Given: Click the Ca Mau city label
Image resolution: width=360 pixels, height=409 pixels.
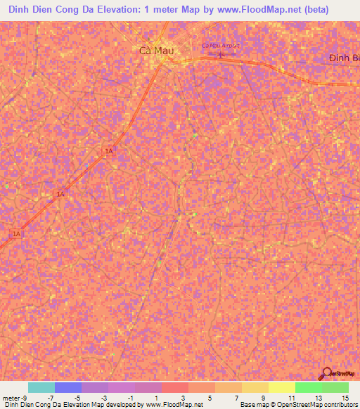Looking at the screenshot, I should pyautogui.click(x=155, y=50).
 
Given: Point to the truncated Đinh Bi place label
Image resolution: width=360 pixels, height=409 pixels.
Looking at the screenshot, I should pyautogui.click(x=344, y=58).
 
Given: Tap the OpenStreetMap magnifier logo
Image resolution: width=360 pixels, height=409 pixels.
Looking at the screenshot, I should pyautogui.click(x=327, y=374).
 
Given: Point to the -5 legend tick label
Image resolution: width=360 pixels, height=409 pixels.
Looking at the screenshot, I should pyautogui.click(x=77, y=397).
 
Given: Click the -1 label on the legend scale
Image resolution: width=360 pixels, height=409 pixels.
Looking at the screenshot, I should pyautogui.click(x=131, y=397).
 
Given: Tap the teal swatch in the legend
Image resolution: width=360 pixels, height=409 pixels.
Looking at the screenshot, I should pyautogui.click(x=41, y=387).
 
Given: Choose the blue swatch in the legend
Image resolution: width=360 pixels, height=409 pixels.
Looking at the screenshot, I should pyautogui.click(x=68, y=387).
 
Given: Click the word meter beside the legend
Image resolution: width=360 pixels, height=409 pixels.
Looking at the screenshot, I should pyautogui.click(x=10, y=397).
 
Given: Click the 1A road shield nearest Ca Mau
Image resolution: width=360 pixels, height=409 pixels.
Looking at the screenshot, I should pyautogui.click(x=109, y=151).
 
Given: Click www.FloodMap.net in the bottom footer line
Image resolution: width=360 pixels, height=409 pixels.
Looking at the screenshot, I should pyautogui.click(x=174, y=405).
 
